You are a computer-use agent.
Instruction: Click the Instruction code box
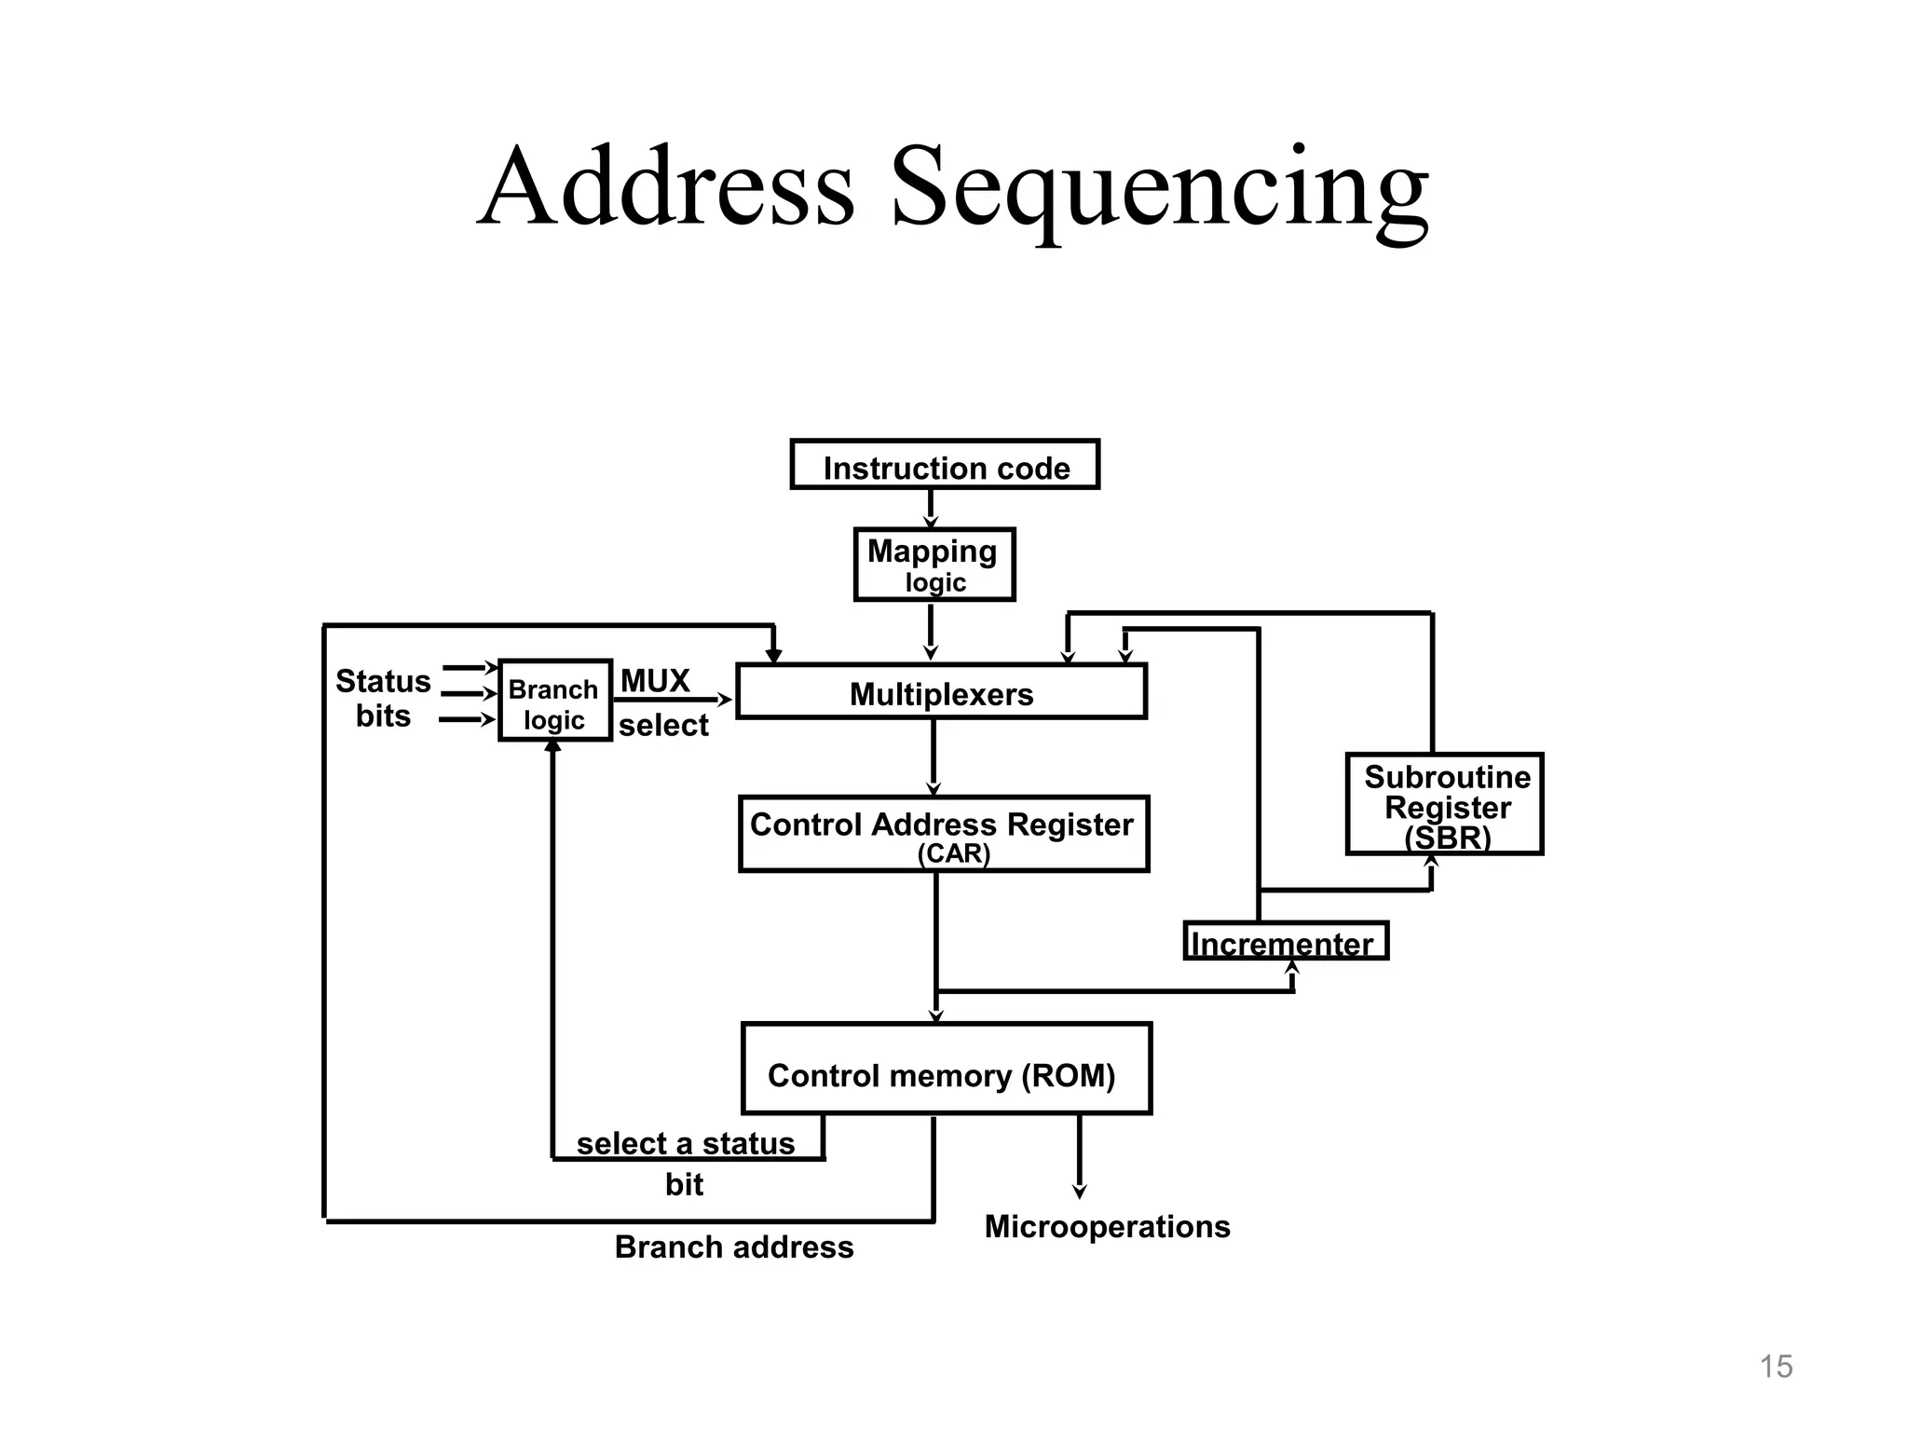[945, 465]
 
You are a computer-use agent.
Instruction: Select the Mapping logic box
[934, 565]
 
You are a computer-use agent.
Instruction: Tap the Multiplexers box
[941, 692]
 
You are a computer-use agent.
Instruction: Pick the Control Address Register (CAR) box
[943, 834]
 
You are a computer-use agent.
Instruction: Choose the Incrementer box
[1286, 942]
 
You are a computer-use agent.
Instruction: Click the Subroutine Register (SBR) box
[1444, 805]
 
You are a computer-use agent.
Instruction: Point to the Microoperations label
[1107, 1227]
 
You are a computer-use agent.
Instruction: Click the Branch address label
[733, 1247]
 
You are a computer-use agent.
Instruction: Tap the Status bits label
[383, 698]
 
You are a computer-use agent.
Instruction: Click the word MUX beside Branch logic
[655, 681]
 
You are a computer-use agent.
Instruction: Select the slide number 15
[1776, 1367]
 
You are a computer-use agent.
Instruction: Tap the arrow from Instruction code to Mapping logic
[930, 509]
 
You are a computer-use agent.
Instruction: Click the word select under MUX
[663, 726]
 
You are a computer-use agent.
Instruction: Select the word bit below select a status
[684, 1185]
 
